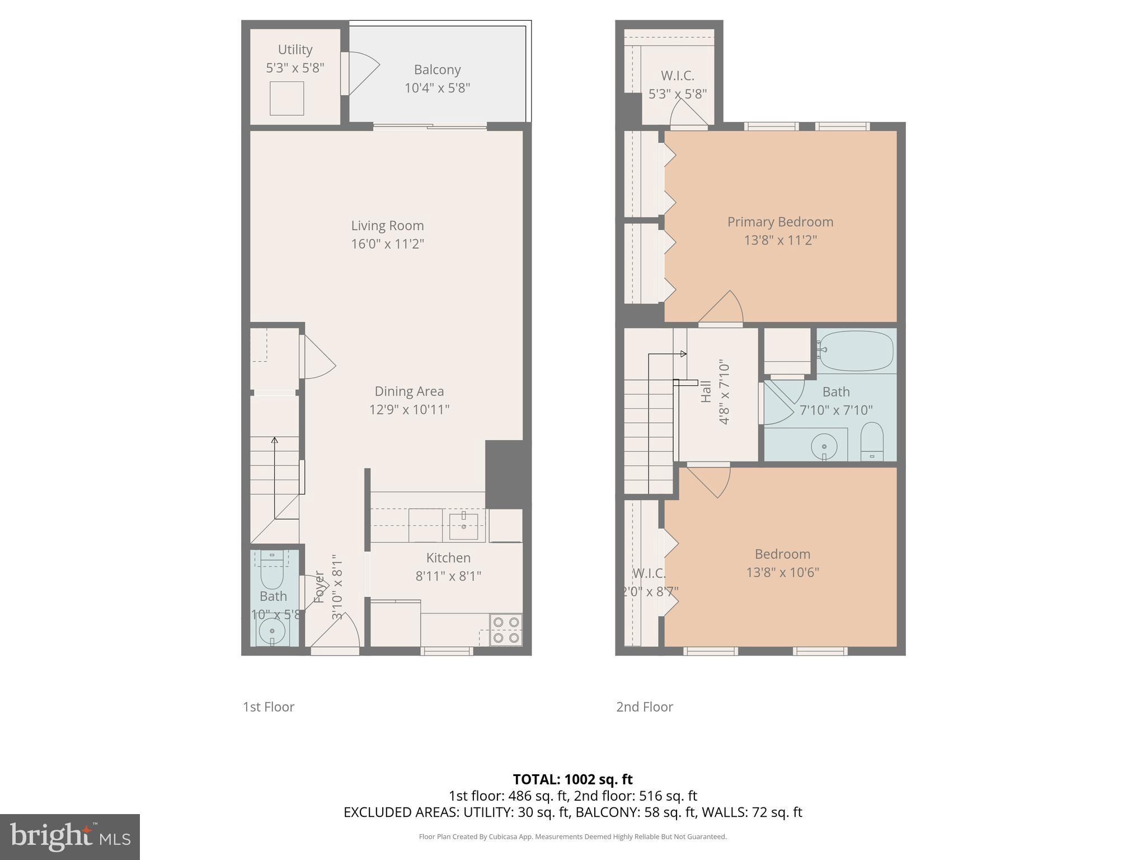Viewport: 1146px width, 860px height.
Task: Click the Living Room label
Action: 387,226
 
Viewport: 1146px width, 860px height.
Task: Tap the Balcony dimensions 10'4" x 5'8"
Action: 437,88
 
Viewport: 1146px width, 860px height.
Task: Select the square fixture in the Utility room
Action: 287,99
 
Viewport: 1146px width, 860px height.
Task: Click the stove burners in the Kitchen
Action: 506,630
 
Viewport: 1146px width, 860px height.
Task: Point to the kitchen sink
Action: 463,526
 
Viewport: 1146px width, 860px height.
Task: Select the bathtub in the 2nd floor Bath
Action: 856,351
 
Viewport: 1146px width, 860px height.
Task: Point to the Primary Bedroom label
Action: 780,222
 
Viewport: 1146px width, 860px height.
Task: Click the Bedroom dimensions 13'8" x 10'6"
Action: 782,572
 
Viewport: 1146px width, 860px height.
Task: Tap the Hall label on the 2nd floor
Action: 706,391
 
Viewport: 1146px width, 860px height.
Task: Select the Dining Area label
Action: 409,391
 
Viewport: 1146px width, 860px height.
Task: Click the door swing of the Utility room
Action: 361,73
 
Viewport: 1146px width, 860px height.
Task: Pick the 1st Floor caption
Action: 269,707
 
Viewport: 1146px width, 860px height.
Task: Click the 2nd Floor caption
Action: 645,707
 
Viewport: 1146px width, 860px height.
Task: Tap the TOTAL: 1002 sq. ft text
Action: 572,779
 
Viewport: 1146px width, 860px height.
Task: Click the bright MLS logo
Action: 69,837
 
